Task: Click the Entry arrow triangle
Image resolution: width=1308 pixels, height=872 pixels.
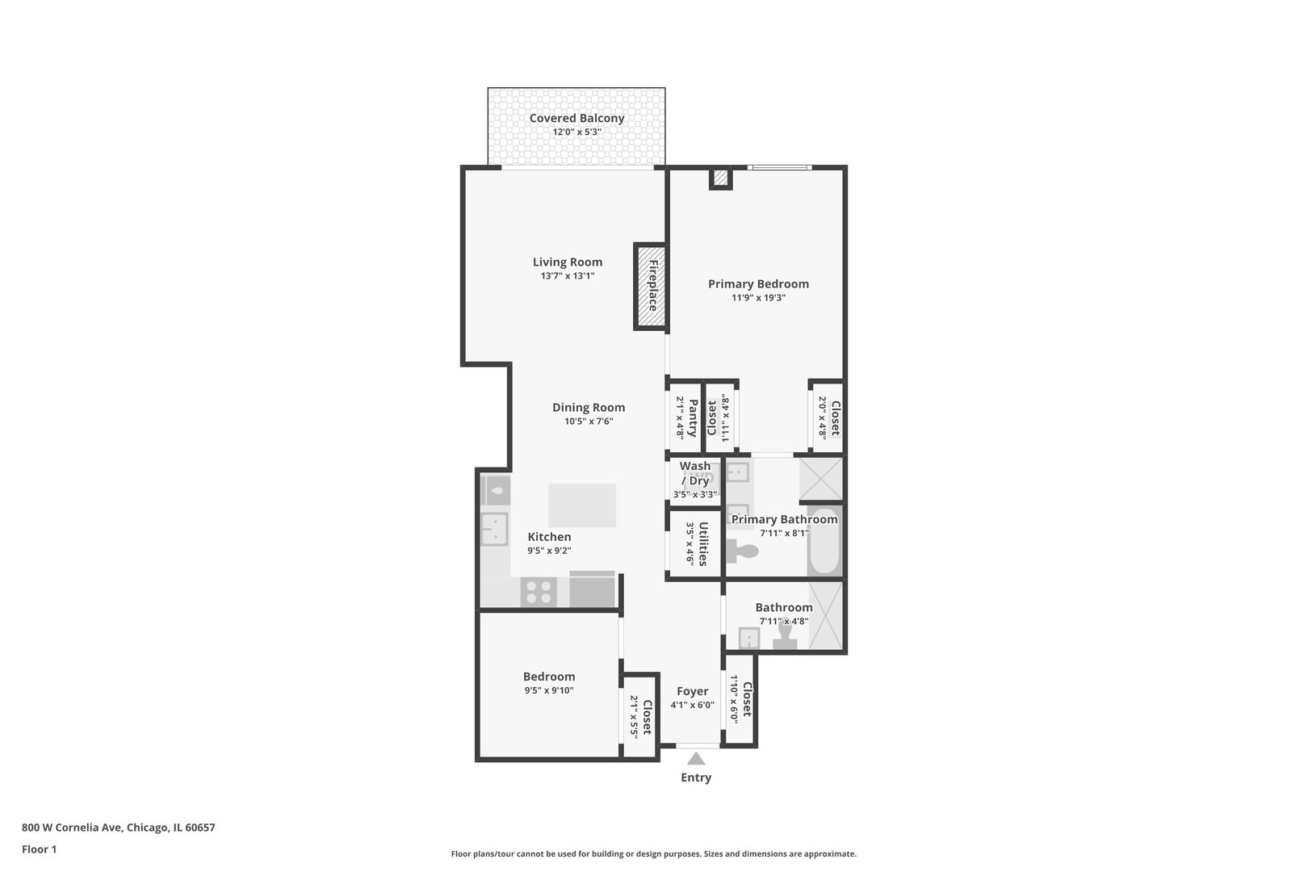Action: tap(695, 758)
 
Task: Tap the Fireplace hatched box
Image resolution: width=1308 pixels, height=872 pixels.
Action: tap(651, 286)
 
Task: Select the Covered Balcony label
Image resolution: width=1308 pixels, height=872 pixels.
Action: tap(576, 118)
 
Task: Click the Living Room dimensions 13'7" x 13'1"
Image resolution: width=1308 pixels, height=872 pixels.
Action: tap(567, 275)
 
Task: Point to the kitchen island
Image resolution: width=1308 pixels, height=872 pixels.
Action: tap(581, 505)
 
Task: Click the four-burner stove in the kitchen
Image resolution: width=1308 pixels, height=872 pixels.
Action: tap(539, 592)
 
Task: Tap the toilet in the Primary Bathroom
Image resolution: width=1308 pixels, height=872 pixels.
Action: tap(742, 551)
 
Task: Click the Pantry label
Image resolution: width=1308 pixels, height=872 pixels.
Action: tap(693, 417)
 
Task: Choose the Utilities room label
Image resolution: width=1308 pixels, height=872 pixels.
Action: tap(703, 543)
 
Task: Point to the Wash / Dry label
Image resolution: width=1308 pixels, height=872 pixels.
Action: tap(695, 473)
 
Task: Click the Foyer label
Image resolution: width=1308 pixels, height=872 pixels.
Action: tap(692, 691)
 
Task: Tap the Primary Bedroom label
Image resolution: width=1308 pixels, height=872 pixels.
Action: tap(758, 284)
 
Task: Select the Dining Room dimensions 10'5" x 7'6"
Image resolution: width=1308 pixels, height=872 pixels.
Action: tap(588, 421)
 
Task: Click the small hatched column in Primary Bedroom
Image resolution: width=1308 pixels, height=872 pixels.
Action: tap(720, 178)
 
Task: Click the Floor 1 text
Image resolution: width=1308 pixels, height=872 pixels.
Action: tap(39, 849)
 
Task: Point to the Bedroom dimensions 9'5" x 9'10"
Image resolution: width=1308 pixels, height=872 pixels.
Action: tap(548, 690)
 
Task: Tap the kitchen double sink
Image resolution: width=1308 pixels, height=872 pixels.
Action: tap(494, 529)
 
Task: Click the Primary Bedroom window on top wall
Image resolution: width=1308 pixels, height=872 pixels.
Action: tap(779, 168)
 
